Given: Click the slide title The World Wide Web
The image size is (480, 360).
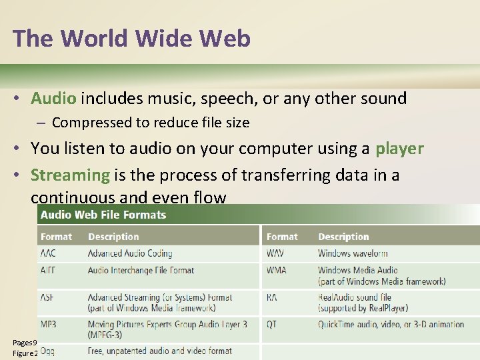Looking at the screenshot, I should point(131,39).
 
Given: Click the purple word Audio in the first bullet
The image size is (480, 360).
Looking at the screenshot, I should point(53,99).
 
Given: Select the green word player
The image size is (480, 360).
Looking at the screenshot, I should point(399,148).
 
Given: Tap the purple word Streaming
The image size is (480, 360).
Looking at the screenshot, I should point(70,175).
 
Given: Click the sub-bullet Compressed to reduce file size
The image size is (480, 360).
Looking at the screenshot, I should point(150,123).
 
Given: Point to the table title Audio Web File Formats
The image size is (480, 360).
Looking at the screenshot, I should point(103,215).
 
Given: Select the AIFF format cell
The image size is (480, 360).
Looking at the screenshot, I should point(49,271).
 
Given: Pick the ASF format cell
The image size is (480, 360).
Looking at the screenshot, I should point(48,297).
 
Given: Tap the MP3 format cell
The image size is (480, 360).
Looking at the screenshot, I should point(49,324).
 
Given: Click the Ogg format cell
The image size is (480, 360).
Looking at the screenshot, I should point(48,351).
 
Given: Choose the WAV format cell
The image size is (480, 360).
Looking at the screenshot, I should point(276,253).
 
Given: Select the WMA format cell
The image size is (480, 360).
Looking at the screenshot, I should point(277,271).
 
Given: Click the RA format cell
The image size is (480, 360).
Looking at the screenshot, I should point(273,297).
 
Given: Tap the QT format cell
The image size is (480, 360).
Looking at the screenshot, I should point(272,324).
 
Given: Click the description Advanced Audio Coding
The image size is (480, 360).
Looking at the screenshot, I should point(130,253).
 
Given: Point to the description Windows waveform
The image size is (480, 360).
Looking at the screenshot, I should point(353,253).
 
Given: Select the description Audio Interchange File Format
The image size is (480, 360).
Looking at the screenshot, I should point(141,271).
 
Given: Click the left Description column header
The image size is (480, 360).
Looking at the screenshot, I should point(113,237).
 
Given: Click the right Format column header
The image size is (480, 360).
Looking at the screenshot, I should point(282,237).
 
